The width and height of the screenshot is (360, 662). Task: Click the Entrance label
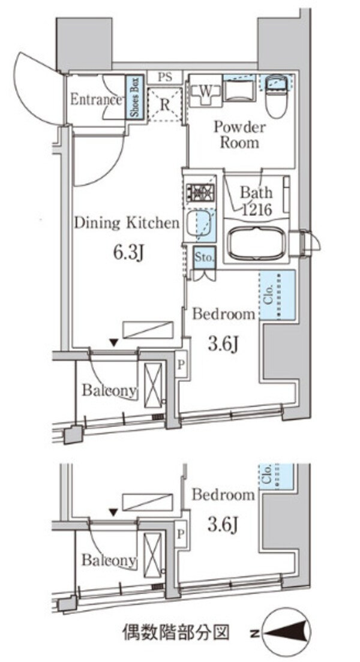pos(96,100)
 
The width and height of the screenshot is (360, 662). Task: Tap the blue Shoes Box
pos(135,98)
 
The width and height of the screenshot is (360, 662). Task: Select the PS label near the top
pos(166,77)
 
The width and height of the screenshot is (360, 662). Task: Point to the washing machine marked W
pos(205,93)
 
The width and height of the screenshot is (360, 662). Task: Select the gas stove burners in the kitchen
pos(200,192)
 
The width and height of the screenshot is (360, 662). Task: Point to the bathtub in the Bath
pos(257,243)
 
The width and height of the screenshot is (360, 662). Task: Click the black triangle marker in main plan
pos(114,342)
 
